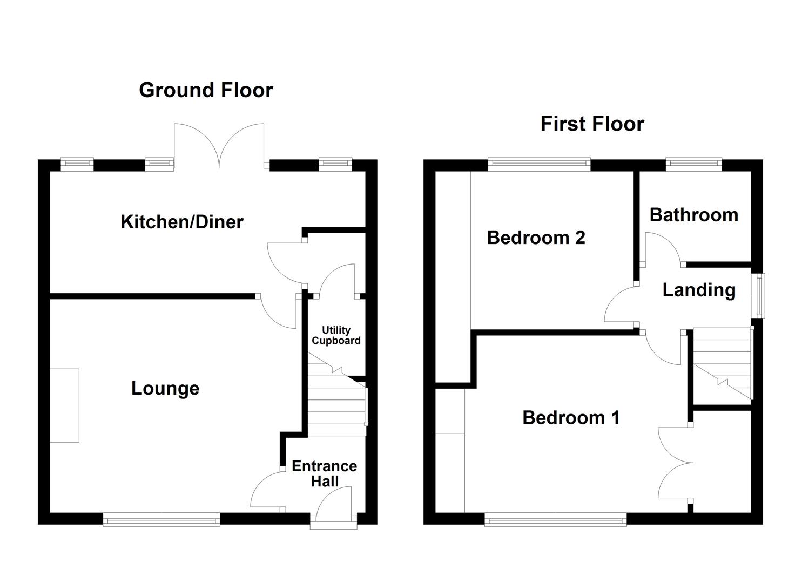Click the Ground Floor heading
(206, 90)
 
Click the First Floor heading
(592, 124)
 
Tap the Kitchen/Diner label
(181, 221)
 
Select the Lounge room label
(165, 388)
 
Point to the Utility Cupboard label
(336, 335)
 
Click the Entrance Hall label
(324, 473)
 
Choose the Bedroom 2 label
(536, 238)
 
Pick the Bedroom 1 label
(571, 417)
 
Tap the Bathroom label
(693, 215)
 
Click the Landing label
(699, 290)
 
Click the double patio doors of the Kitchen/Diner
(219, 146)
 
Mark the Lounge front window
(161, 520)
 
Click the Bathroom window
(693, 163)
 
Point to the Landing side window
(760, 295)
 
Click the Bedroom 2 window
(539, 163)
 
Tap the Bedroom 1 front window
(556, 520)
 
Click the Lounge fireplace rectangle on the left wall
(65, 406)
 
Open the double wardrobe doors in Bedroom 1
(675, 463)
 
